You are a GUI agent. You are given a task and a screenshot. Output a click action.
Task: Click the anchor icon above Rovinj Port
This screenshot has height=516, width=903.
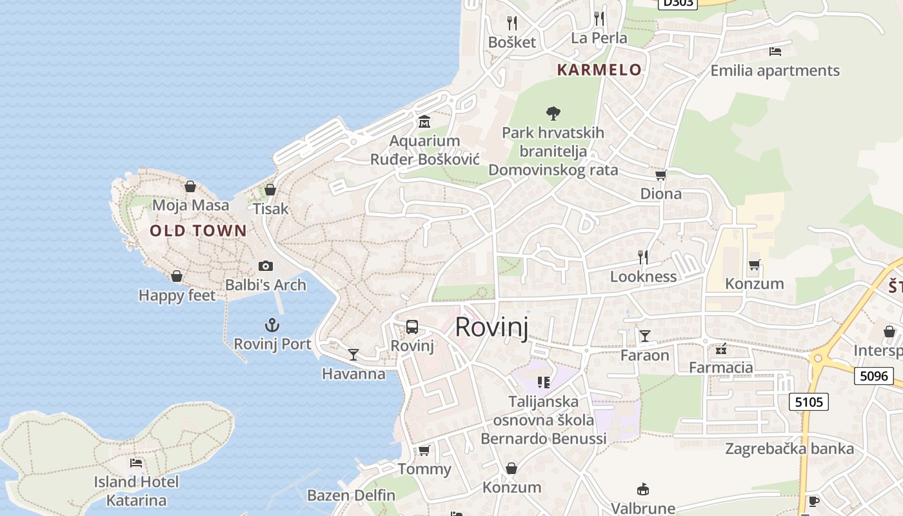(272, 325)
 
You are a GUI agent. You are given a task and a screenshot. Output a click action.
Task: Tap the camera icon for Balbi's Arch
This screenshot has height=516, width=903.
(265, 266)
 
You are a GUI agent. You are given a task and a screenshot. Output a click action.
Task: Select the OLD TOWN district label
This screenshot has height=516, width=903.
(198, 230)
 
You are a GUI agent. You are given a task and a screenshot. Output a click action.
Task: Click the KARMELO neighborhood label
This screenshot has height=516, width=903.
(599, 70)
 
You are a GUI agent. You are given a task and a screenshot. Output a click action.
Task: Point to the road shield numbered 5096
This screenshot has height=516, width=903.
(874, 375)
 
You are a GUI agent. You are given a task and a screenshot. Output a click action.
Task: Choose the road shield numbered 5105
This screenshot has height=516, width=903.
(809, 402)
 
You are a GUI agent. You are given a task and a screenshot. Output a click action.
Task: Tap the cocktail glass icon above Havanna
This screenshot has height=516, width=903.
(353, 355)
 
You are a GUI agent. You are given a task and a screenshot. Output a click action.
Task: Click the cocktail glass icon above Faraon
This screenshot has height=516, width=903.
(644, 336)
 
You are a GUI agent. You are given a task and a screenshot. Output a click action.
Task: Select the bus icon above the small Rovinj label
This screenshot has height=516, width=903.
(412, 327)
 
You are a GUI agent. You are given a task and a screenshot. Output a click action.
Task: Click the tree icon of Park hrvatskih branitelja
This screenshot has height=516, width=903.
(553, 114)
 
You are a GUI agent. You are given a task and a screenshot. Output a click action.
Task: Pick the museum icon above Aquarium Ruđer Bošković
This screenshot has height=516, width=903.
(424, 121)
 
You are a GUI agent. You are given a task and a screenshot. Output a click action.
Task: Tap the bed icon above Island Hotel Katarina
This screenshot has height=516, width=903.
(136, 462)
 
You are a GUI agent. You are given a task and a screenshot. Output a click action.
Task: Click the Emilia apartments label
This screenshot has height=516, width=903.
(775, 70)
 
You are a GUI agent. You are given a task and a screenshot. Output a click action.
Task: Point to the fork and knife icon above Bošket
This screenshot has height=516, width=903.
(512, 23)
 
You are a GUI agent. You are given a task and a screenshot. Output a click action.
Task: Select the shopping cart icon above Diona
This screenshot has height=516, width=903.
(660, 175)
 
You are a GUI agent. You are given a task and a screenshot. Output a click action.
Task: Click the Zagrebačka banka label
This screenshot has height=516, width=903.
(789, 449)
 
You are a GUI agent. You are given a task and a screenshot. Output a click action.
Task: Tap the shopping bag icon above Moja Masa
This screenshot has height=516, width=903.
(190, 186)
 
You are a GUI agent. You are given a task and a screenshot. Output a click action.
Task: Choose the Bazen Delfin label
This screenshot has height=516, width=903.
(351, 495)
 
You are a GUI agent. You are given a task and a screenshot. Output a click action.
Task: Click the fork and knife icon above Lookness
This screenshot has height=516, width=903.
(643, 257)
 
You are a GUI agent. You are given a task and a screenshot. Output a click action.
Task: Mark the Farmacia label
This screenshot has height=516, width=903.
(721, 368)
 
